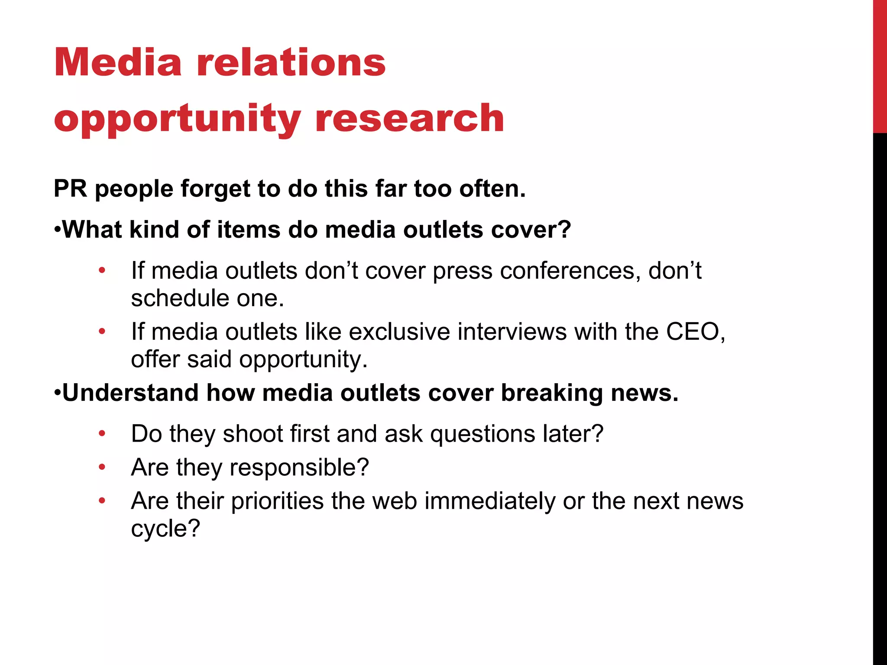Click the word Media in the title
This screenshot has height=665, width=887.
pyautogui.click(x=118, y=63)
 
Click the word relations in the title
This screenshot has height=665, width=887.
pyautogui.click(x=291, y=63)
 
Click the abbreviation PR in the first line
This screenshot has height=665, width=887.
pyautogui.click(x=70, y=189)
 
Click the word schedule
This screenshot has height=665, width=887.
pyautogui.click(x=180, y=298)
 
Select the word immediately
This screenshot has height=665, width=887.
pyautogui.click(x=489, y=501)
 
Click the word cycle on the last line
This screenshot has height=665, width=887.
pyautogui.click(x=165, y=529)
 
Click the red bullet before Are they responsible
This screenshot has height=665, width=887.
pyautogui.click(x=102, y=467)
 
